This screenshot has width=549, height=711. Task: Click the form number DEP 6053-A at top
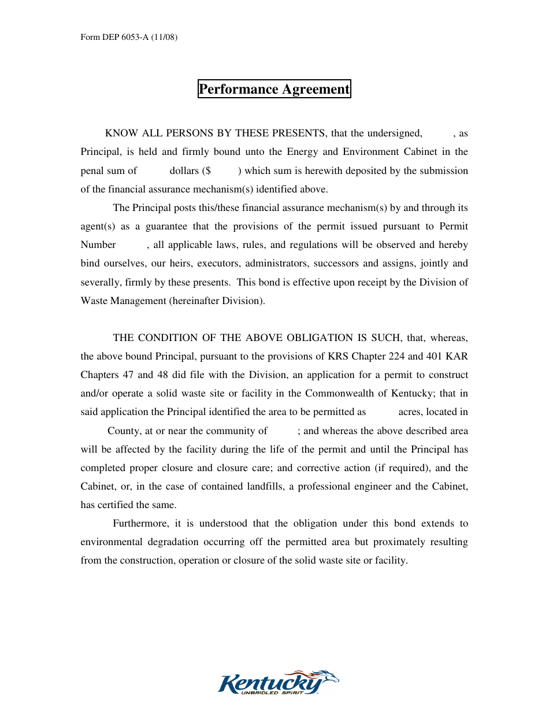pos(128,38)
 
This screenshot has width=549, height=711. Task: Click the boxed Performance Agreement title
pos(274,89)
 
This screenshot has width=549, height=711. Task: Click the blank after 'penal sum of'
pos(153,171)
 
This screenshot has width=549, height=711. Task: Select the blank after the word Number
pos(132,245)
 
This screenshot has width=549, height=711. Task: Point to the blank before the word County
pos(94,431)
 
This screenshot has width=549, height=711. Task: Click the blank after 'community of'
pos(283,431)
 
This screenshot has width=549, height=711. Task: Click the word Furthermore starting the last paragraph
pos(140,524)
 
